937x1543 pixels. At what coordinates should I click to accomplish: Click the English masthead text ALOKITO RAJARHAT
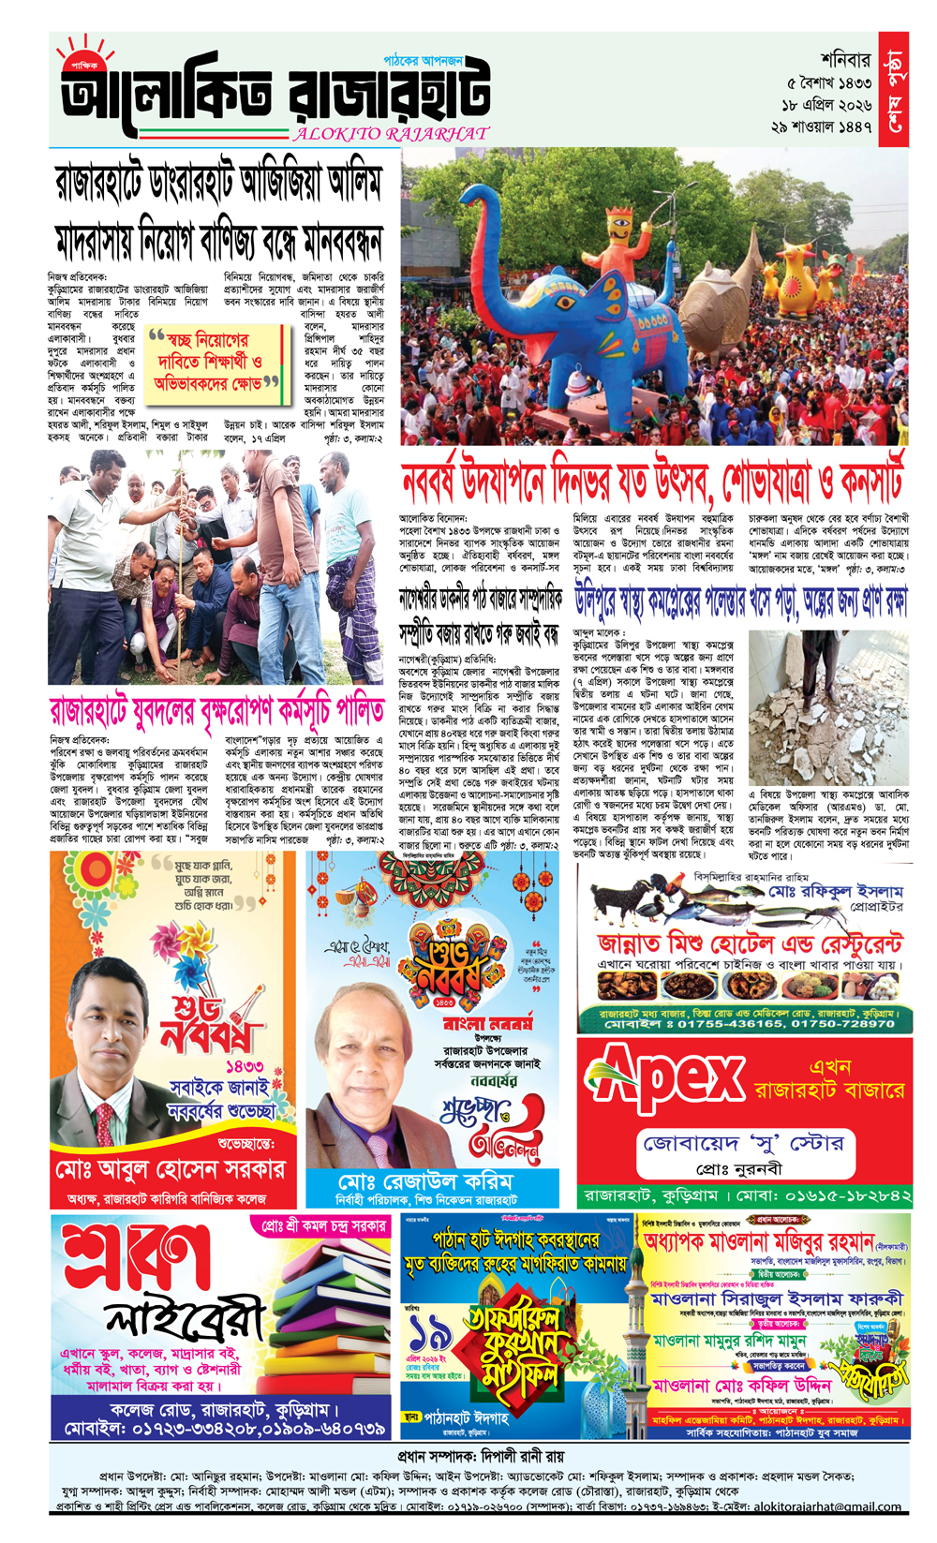[392, 133]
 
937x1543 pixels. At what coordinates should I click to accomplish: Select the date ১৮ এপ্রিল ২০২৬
[827, 104]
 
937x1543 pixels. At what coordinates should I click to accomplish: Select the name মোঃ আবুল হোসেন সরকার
[170, 1169]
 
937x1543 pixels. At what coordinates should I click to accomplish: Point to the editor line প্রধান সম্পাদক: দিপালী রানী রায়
[480, 1457]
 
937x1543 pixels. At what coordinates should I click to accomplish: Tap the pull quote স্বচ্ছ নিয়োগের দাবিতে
[216, 359]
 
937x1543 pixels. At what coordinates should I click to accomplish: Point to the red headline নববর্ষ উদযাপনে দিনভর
[652, 481]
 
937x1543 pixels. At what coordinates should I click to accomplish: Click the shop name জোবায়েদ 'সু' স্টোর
[744, 1143]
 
